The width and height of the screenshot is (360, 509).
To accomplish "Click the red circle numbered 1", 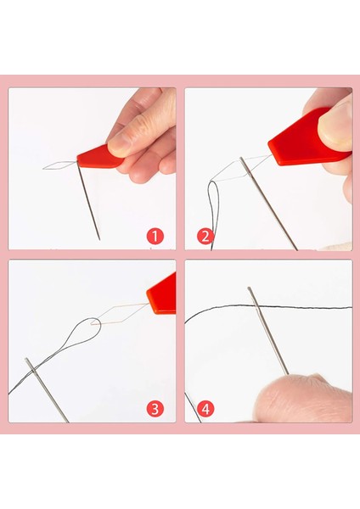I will pyautogui.click(x=155, y=237).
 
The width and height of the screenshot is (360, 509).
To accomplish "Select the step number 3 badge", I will pyautogui.click(x=155, y=409).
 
